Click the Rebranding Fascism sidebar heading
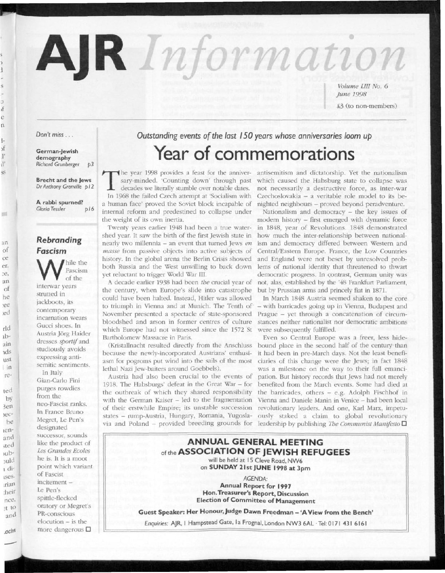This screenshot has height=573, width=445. (x=59, y=245)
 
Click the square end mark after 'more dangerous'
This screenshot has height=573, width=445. (x=88, y=529)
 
